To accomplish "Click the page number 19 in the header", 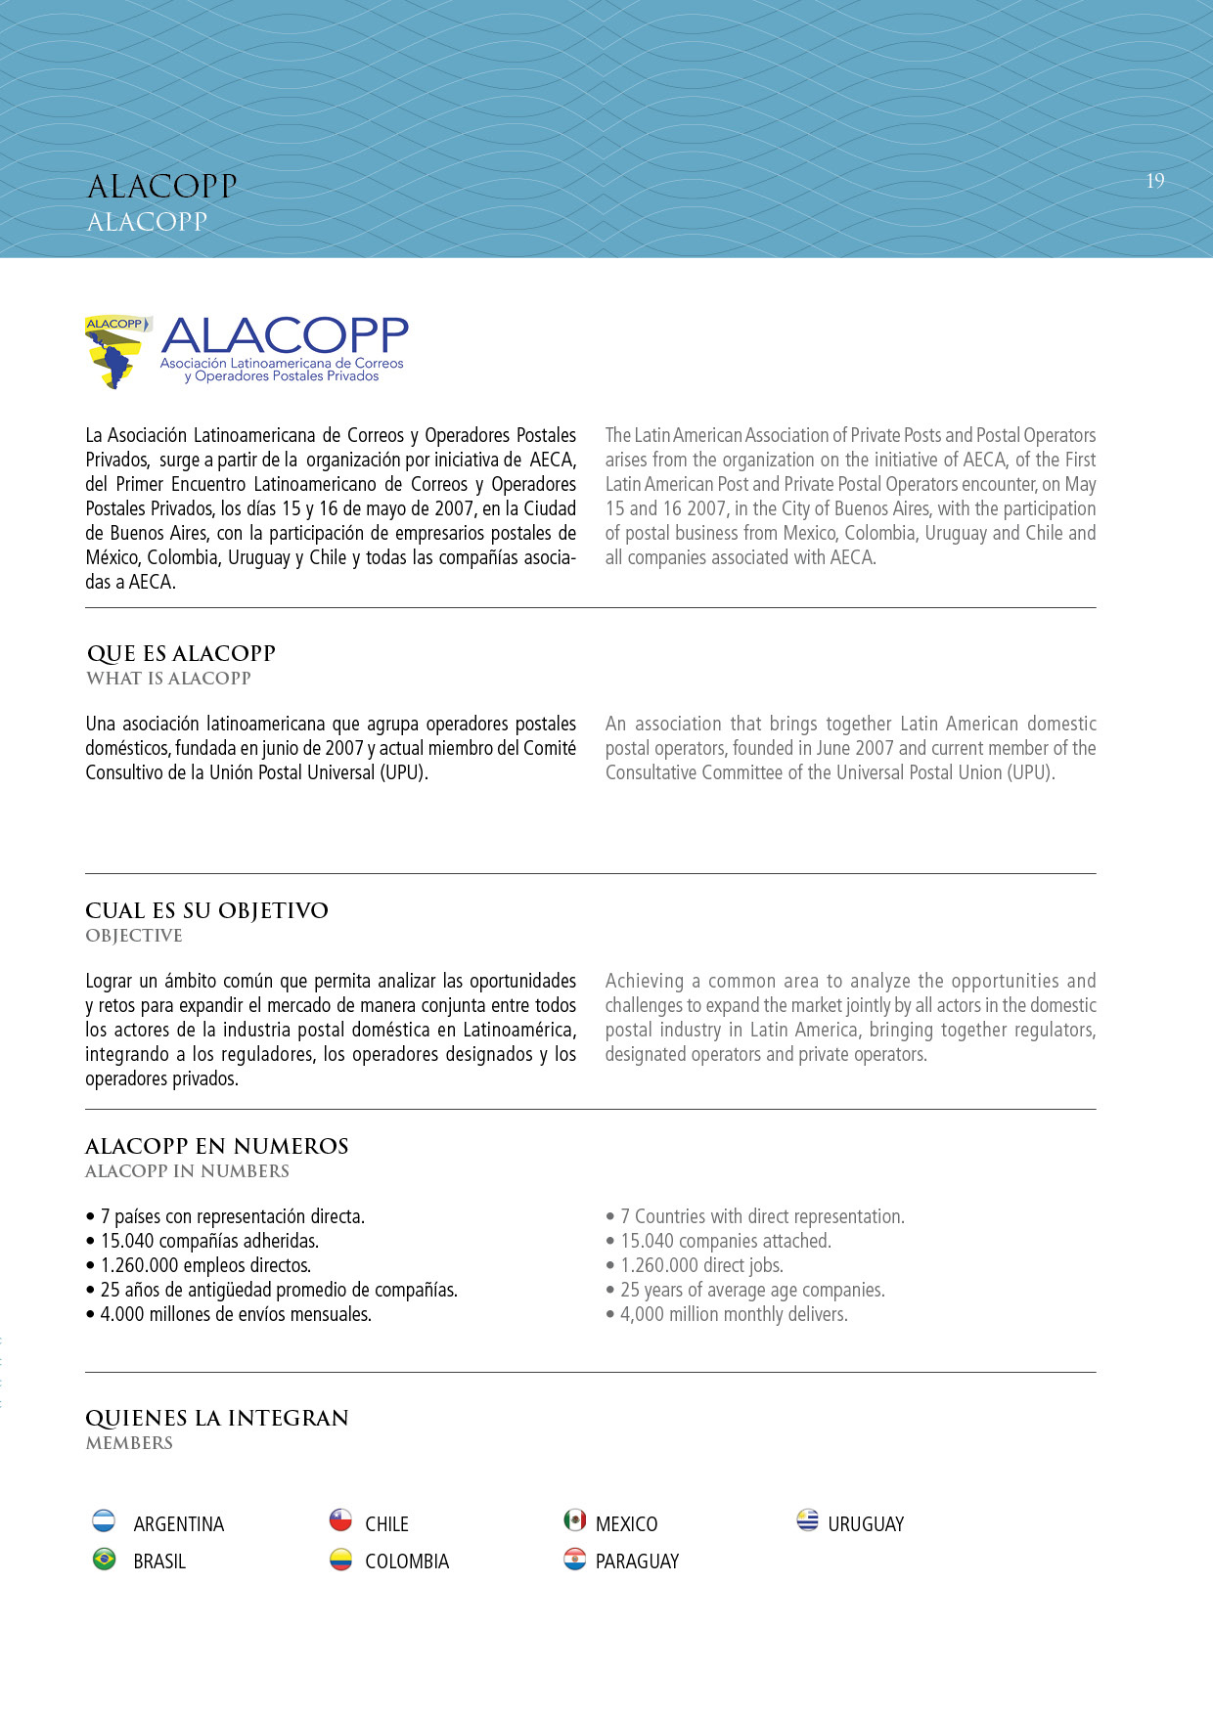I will [x=1154, y=181].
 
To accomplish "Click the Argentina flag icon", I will [x=104, y=1520].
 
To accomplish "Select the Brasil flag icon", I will [x=104, y=1559].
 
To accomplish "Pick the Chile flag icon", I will [x=340, y=1520].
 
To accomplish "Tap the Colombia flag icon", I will [x=340, y=1559].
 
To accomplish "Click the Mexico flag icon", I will [x=575, y=1520].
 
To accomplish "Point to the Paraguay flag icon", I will [x=575, y=1559].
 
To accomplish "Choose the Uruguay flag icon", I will [x=807, y=1520].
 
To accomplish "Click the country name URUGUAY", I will [x=866, y=1524].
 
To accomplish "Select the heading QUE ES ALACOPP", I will [x=181, y=653].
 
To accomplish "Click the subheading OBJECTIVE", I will [x=134, y=936].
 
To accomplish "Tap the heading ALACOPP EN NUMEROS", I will [x=216, y=1146].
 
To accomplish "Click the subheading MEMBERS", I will [x=129, y=1443].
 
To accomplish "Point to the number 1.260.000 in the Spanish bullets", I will [x=139, y=1265].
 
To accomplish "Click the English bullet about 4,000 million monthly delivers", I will [x=734, y=1314].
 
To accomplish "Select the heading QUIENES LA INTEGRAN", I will [x=216, y=1418].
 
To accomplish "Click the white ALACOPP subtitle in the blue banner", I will [x=147, y=222].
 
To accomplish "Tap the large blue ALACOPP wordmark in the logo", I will [x=285, y=336].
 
